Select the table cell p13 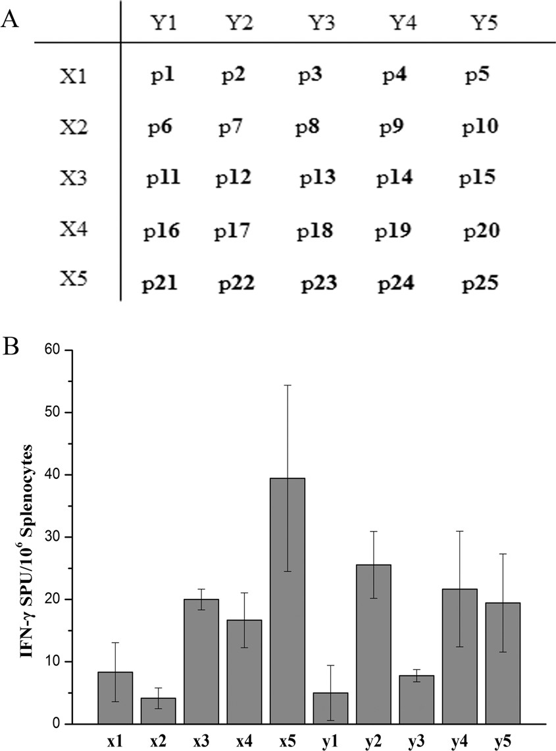318,177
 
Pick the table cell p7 232,125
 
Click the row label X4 74,230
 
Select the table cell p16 161,231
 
